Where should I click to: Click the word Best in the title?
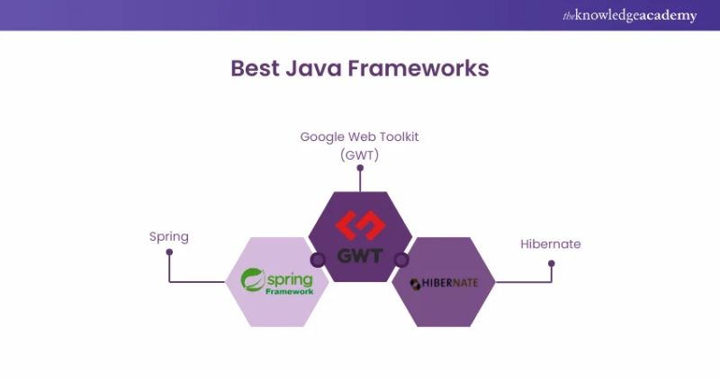point(255,69)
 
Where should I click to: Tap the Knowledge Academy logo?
point(629,15)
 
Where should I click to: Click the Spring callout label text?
point(169,237)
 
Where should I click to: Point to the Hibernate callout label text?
point(551,243)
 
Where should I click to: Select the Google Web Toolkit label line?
point(360,137)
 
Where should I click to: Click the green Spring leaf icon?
point(252,279)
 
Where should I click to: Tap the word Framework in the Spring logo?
point(290,291)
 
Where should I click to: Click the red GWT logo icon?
point(360,224)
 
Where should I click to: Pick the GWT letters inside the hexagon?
point(360,255)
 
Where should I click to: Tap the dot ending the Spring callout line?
point(169,253)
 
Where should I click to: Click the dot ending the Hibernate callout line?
point(552,263)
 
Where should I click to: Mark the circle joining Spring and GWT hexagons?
point(317,260)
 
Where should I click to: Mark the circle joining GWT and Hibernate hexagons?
point(402,260)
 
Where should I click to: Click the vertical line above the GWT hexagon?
point(360,178)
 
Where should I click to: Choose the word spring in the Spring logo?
point(290,277)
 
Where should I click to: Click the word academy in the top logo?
point(667,15)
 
